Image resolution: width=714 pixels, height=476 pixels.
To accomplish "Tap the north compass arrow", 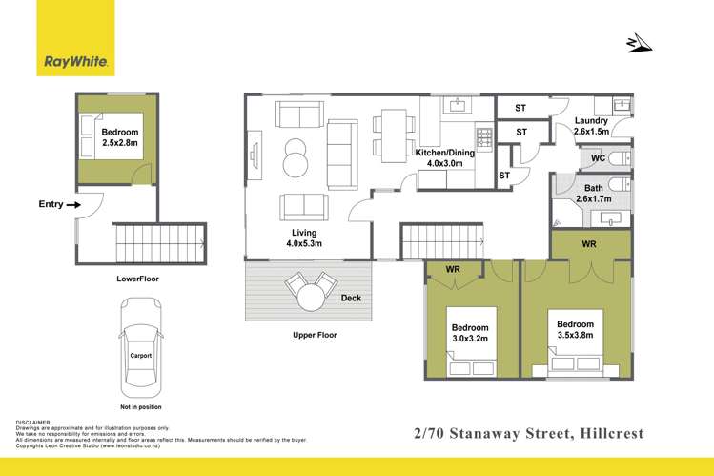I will pyautogui.click(x=639, y=43).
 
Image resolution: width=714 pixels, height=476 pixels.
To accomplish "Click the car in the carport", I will pyautogui.click(x=140, y=349).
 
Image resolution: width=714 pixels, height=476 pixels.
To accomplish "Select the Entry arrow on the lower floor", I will pyautogui.click(x=71, y=203).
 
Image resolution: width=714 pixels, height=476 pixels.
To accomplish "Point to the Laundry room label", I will pyautogui.click(x=591, y=127).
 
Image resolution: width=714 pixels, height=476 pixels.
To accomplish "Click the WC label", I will pyautogui.click(x=598, y=157).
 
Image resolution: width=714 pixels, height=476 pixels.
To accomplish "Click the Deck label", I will pyautogui.click(x=352, y=299).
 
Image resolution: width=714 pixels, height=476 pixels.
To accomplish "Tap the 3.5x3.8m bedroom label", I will pyautogui.click(x=575, y=330).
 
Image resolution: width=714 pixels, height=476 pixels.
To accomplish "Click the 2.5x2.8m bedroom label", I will pyautogui.click(x=120, y=137).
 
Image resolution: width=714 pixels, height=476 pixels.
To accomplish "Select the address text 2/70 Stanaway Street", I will pyautogui.click(x=495, y=434).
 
